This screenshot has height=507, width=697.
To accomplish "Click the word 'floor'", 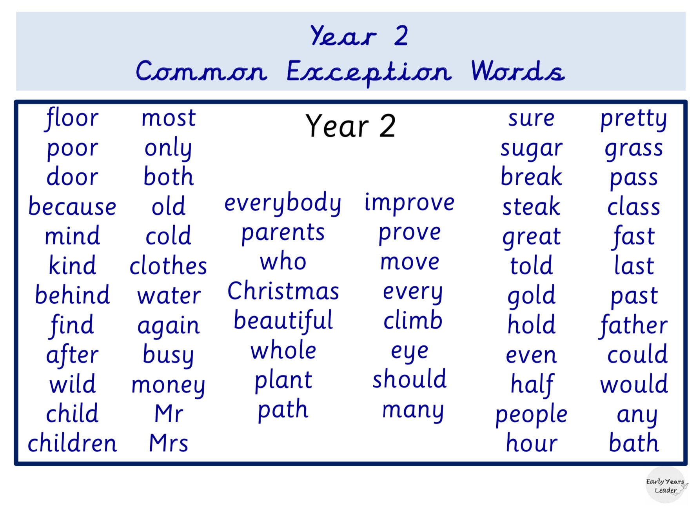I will pos(72,118).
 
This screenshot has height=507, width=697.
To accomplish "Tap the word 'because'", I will pos(72,207).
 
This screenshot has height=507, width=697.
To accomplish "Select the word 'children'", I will pos(72,443).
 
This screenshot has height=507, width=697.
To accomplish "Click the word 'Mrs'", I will pos(169,443).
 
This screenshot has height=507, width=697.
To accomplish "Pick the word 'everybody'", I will pos(283,203).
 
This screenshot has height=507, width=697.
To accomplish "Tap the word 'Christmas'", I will pos(283,292).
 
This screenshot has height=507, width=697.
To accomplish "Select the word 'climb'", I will pos(413,321).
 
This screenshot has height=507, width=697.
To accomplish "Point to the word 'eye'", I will pos(410,352).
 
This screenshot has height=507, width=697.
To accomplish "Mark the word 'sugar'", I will pos(531,149).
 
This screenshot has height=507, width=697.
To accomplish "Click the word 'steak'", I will pos(531,207).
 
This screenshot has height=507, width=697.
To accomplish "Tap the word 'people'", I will pos(531,415).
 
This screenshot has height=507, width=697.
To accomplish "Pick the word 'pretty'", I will pos(633,119).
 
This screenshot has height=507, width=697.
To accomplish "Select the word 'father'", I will pos(633,325).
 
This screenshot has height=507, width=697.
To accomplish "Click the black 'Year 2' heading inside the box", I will pos(350,126).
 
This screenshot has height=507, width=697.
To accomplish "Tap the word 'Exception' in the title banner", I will pos(368,72).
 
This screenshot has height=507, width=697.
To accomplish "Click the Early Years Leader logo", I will pos(666,486).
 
